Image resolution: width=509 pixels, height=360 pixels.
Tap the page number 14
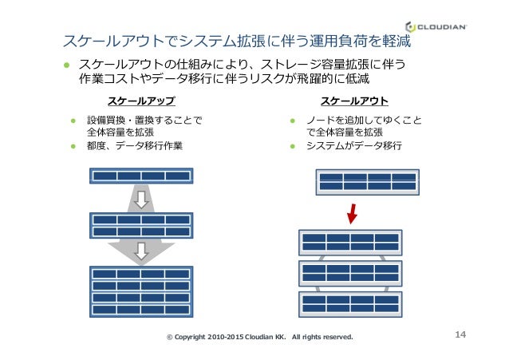(460, 336)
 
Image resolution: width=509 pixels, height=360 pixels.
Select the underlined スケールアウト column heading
(354, 101)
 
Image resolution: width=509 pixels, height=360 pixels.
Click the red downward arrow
(353, 213)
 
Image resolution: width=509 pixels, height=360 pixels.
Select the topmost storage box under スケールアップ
(141, 176)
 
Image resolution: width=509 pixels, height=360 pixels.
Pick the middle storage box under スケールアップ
(141, 225)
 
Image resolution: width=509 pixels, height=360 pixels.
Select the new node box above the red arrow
(367, 182)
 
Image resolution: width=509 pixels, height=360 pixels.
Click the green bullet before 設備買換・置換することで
(71, 121)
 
